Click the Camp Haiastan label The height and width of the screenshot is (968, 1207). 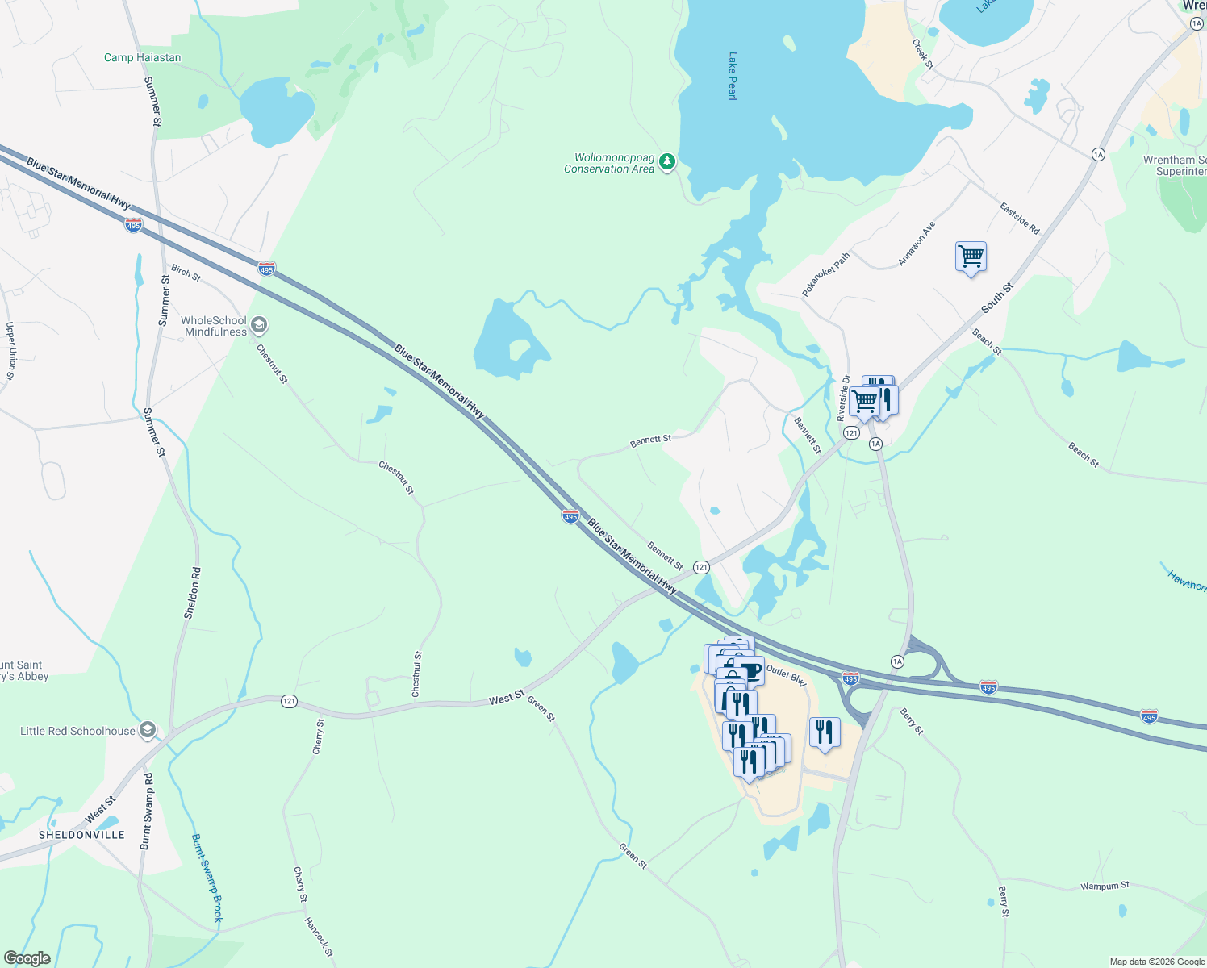pos(142,57)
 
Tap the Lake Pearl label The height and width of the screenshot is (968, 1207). pos(733,76)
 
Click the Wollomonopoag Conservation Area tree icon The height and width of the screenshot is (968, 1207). pos(666,162)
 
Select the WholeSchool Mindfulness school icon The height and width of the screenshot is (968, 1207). pos(259,325)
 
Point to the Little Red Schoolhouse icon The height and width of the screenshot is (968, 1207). pos(147,731)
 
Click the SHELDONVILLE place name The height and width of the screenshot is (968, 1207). pos(81,835)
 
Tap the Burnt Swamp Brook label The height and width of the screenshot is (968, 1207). pos(207,878)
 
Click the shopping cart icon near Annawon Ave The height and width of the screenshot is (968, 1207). pos(971,257)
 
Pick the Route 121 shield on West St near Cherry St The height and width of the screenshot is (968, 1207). pos(289,701)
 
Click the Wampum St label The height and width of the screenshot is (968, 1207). pos(1105,886)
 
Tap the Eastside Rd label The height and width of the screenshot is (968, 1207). pos(1020,219)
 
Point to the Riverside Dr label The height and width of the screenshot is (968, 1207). pos(843,398)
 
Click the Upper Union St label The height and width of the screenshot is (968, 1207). pos(10,351)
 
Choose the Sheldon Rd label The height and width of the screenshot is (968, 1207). pos(193,593)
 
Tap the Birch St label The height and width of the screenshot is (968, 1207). pos(186,273)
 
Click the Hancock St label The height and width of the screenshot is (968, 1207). pos(318,937)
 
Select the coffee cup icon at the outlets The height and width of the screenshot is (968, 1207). pos(750,670)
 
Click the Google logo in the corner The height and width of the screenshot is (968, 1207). pos(27,958)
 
